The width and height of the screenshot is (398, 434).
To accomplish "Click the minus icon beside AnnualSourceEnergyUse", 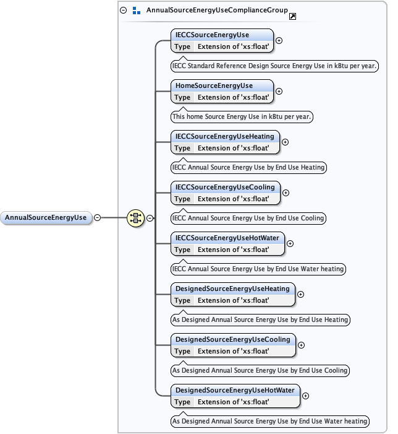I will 97,217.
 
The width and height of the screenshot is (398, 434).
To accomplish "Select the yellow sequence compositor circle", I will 135,217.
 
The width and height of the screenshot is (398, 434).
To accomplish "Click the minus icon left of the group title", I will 124,11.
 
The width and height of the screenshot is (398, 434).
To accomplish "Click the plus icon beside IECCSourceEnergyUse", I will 279,40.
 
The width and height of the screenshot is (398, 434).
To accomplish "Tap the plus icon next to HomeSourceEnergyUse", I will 279,91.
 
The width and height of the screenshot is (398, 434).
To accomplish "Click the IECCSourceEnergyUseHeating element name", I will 224,136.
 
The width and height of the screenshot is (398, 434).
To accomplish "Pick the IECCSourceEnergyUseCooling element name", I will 224,187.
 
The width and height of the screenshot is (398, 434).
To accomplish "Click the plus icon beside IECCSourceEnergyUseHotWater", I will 290,243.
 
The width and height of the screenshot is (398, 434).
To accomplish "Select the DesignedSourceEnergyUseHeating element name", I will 232,289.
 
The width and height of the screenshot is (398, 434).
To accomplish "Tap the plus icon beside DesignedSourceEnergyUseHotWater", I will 305,396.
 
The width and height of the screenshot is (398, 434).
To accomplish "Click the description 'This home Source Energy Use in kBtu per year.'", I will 242,116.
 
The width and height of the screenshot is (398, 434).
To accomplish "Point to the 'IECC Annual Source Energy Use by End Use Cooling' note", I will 248,218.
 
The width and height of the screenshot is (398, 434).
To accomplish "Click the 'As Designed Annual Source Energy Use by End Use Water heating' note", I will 269,421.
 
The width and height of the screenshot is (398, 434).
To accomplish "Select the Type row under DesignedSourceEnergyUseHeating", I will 232,300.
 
